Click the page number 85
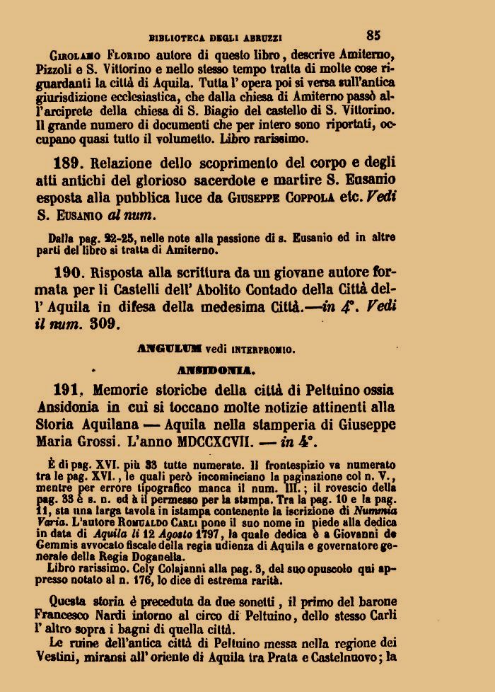(x=374, y=34)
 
